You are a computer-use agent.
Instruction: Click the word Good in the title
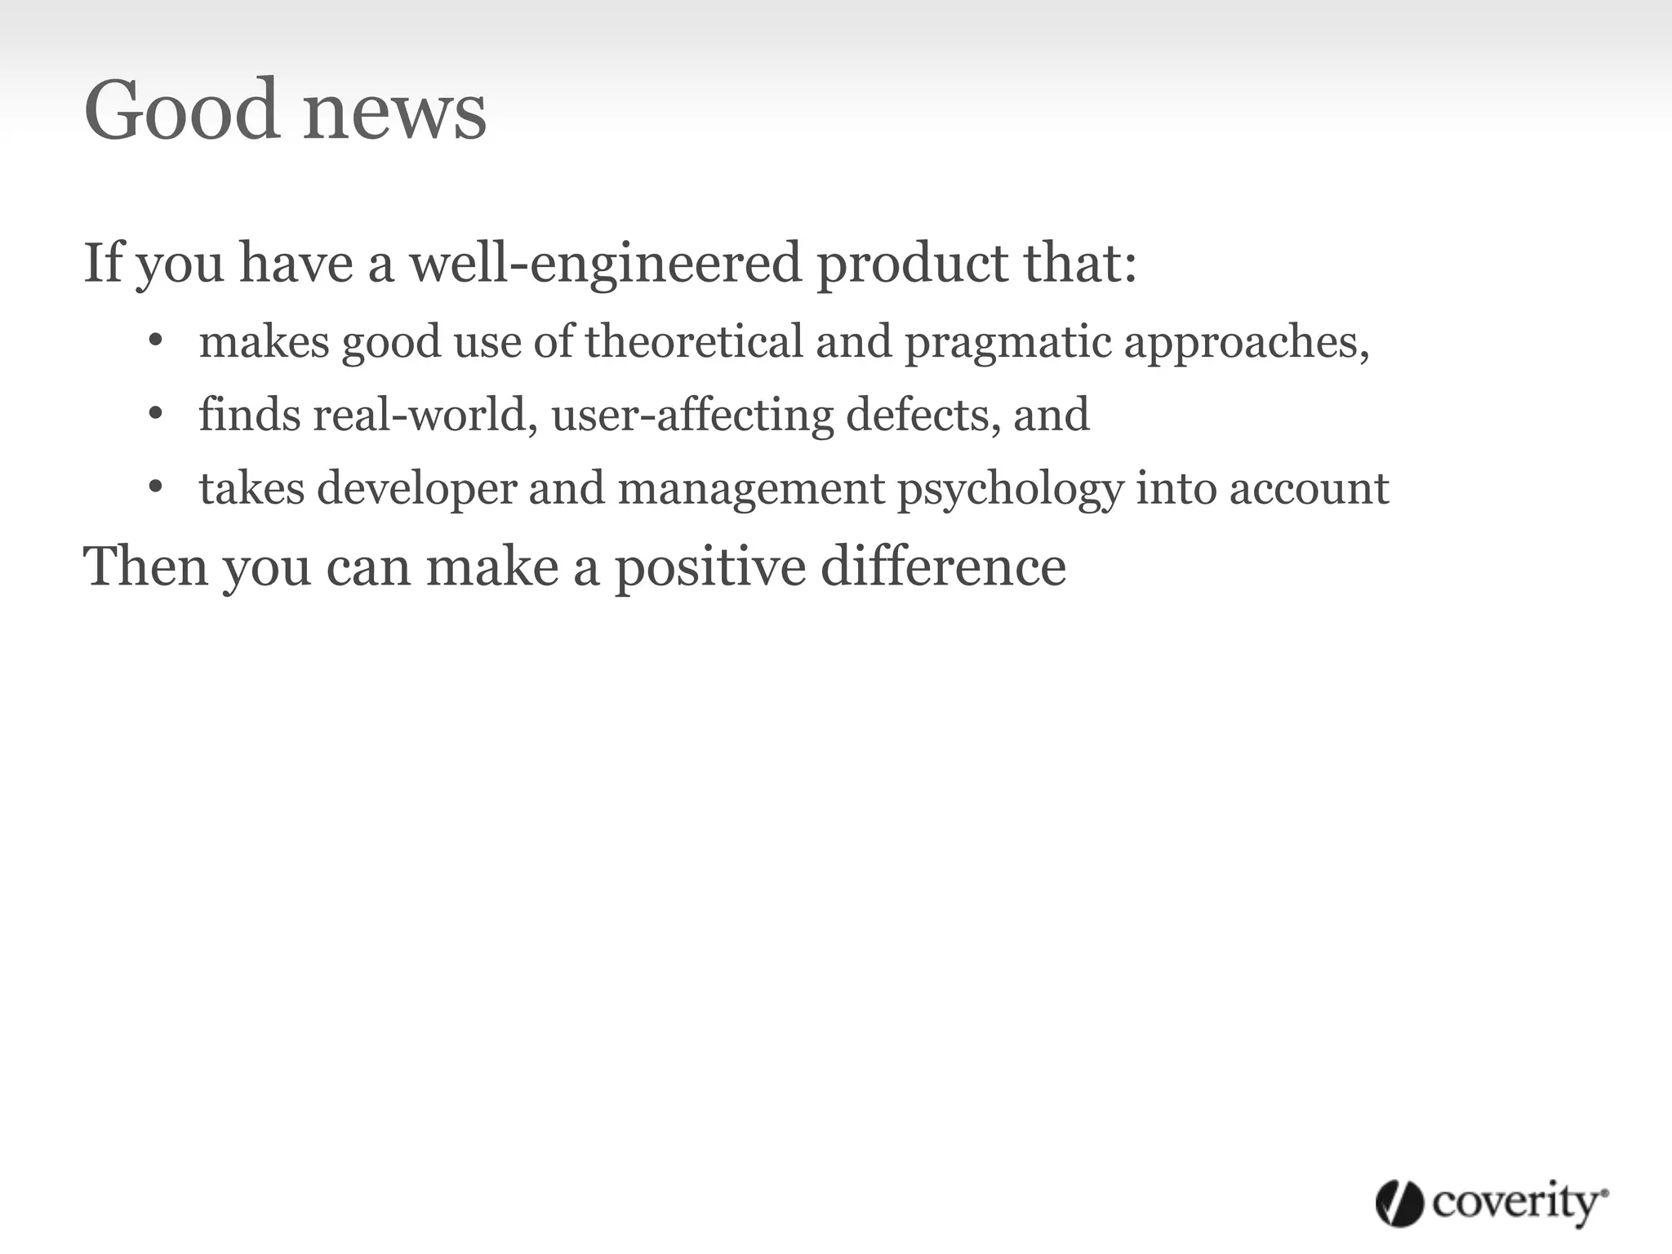[180, 110]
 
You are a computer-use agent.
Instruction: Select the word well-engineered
[605, 263]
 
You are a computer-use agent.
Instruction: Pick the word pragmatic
[1007, 342]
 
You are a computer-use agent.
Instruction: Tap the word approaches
[1246, 342]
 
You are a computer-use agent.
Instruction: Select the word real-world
[425, 414]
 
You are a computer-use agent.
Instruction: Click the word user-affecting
[692, 414]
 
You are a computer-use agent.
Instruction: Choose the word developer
[416, 489]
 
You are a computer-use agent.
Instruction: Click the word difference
[943, 566]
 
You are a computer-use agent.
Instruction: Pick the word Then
[145, 566]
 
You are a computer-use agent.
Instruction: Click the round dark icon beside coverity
[1399, 1203]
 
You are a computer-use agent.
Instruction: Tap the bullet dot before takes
[156, 487]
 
